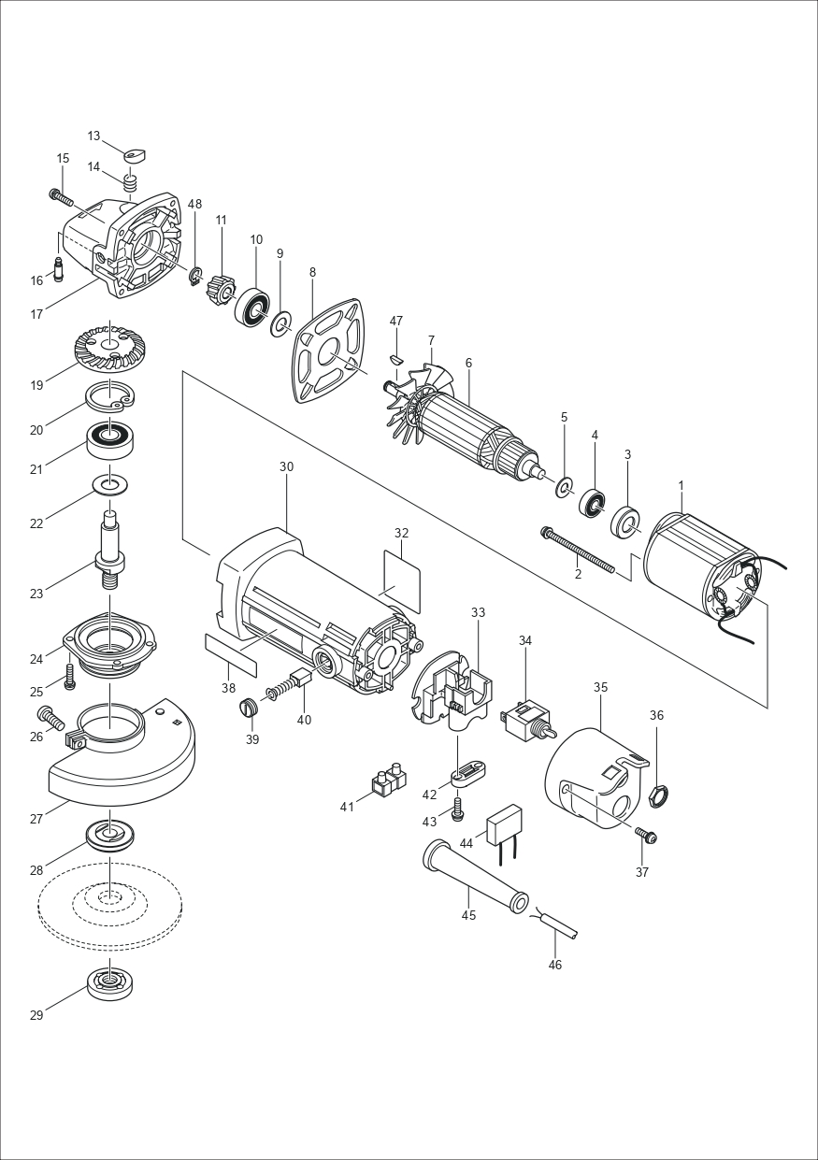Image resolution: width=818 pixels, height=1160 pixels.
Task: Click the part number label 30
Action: [x=286, y=465]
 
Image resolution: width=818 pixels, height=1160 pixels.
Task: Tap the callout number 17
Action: [x=36, y=314]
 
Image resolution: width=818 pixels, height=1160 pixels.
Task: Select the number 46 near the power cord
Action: [x=555, y=965]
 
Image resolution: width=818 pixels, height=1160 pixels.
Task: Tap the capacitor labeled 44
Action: [x=504, y=823]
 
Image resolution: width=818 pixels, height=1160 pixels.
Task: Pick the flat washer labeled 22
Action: [x=109, y=485]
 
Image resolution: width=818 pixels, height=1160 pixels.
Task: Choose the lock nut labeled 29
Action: [x=109, y=984]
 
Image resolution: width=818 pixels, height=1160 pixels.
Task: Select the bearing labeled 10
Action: [x=252, y=307]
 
